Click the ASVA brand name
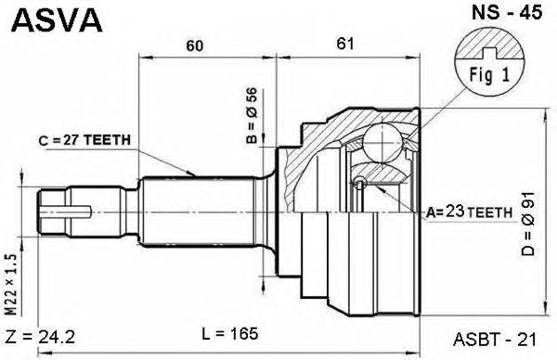(x=57, y=19)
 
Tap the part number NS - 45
(x=507, y=13)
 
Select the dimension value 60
(x=195, y=45)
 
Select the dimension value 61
(x=345, y=44)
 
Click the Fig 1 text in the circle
(x=489, y=75)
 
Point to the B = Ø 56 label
(x=252, y=115)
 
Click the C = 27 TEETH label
(x=84, y=140)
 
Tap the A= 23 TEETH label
(x=469, y=212)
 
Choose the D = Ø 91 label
(x=528, y=224)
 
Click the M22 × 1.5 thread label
(x=11, y=284)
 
